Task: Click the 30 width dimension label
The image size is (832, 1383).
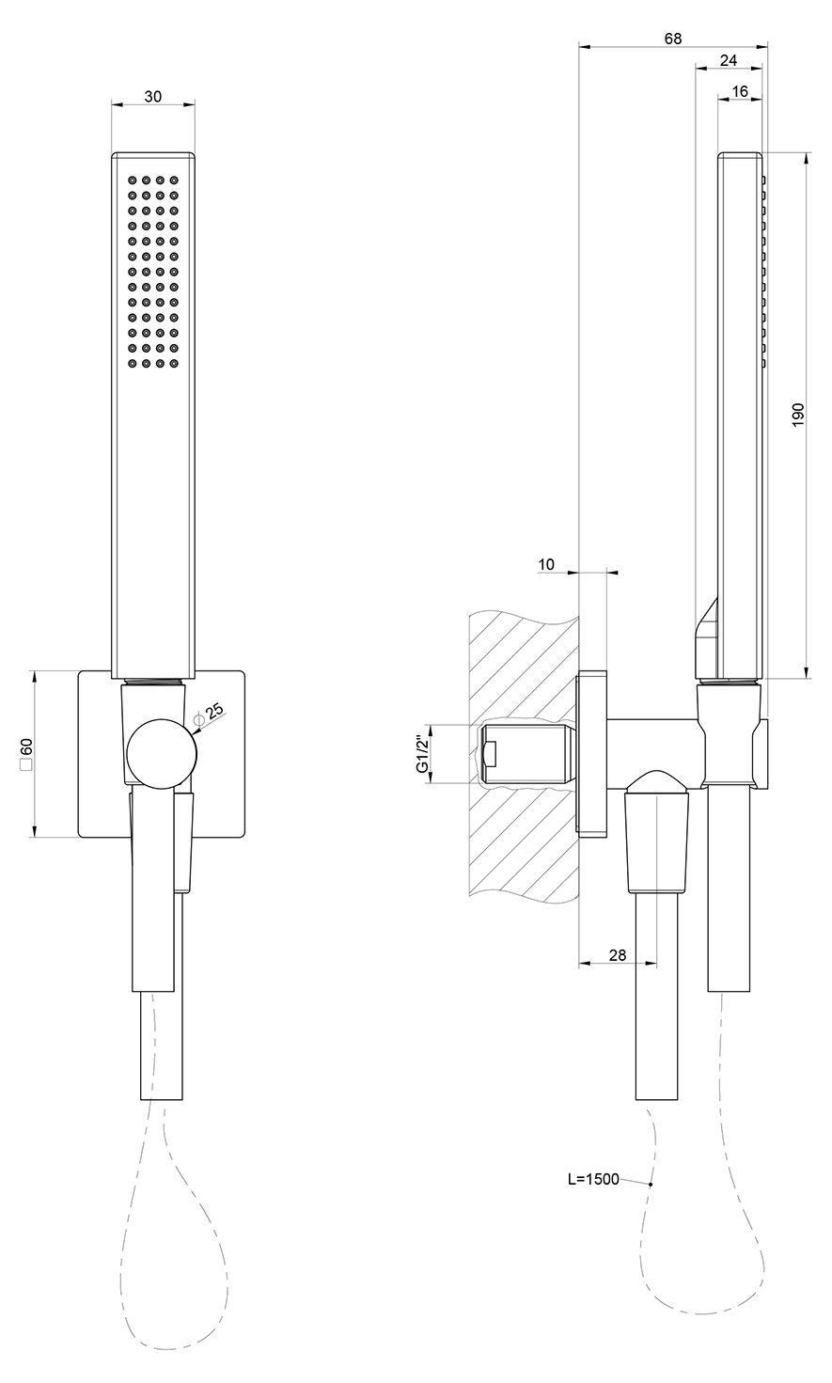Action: (x=153, y=96)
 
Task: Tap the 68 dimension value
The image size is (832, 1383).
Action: (x=673, y=39)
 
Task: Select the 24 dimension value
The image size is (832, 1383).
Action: (x=729, y=60)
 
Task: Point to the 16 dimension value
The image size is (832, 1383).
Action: (x=740, y=91)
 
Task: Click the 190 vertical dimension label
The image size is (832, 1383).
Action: (x=798, y=415)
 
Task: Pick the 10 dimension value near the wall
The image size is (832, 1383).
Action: (x=546, y=564)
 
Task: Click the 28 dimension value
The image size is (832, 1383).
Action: (x=618, y=955)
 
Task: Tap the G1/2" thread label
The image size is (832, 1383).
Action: (x=423, y=753)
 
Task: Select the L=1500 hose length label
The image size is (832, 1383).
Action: (x=593, y=1179)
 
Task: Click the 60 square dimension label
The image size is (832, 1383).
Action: (x=27, y=753)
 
